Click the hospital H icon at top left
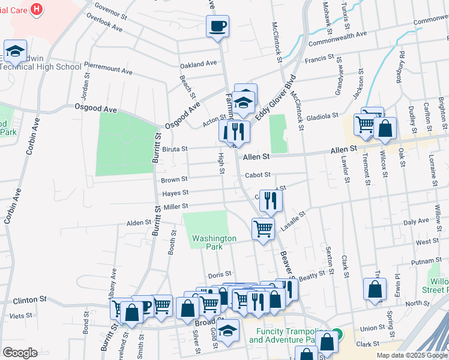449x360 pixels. tap(37, 9)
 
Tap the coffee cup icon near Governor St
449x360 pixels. tap(217, 26)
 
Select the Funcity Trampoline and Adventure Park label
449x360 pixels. tap(286, 335)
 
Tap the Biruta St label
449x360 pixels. tap(175, 148)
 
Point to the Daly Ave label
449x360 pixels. tap(416, 222)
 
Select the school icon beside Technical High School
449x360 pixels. tap(16, 51)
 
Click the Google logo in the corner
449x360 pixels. tap(20, 353)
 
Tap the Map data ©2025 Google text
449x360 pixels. tap(411, 355)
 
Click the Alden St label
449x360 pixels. tap(139, 223)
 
